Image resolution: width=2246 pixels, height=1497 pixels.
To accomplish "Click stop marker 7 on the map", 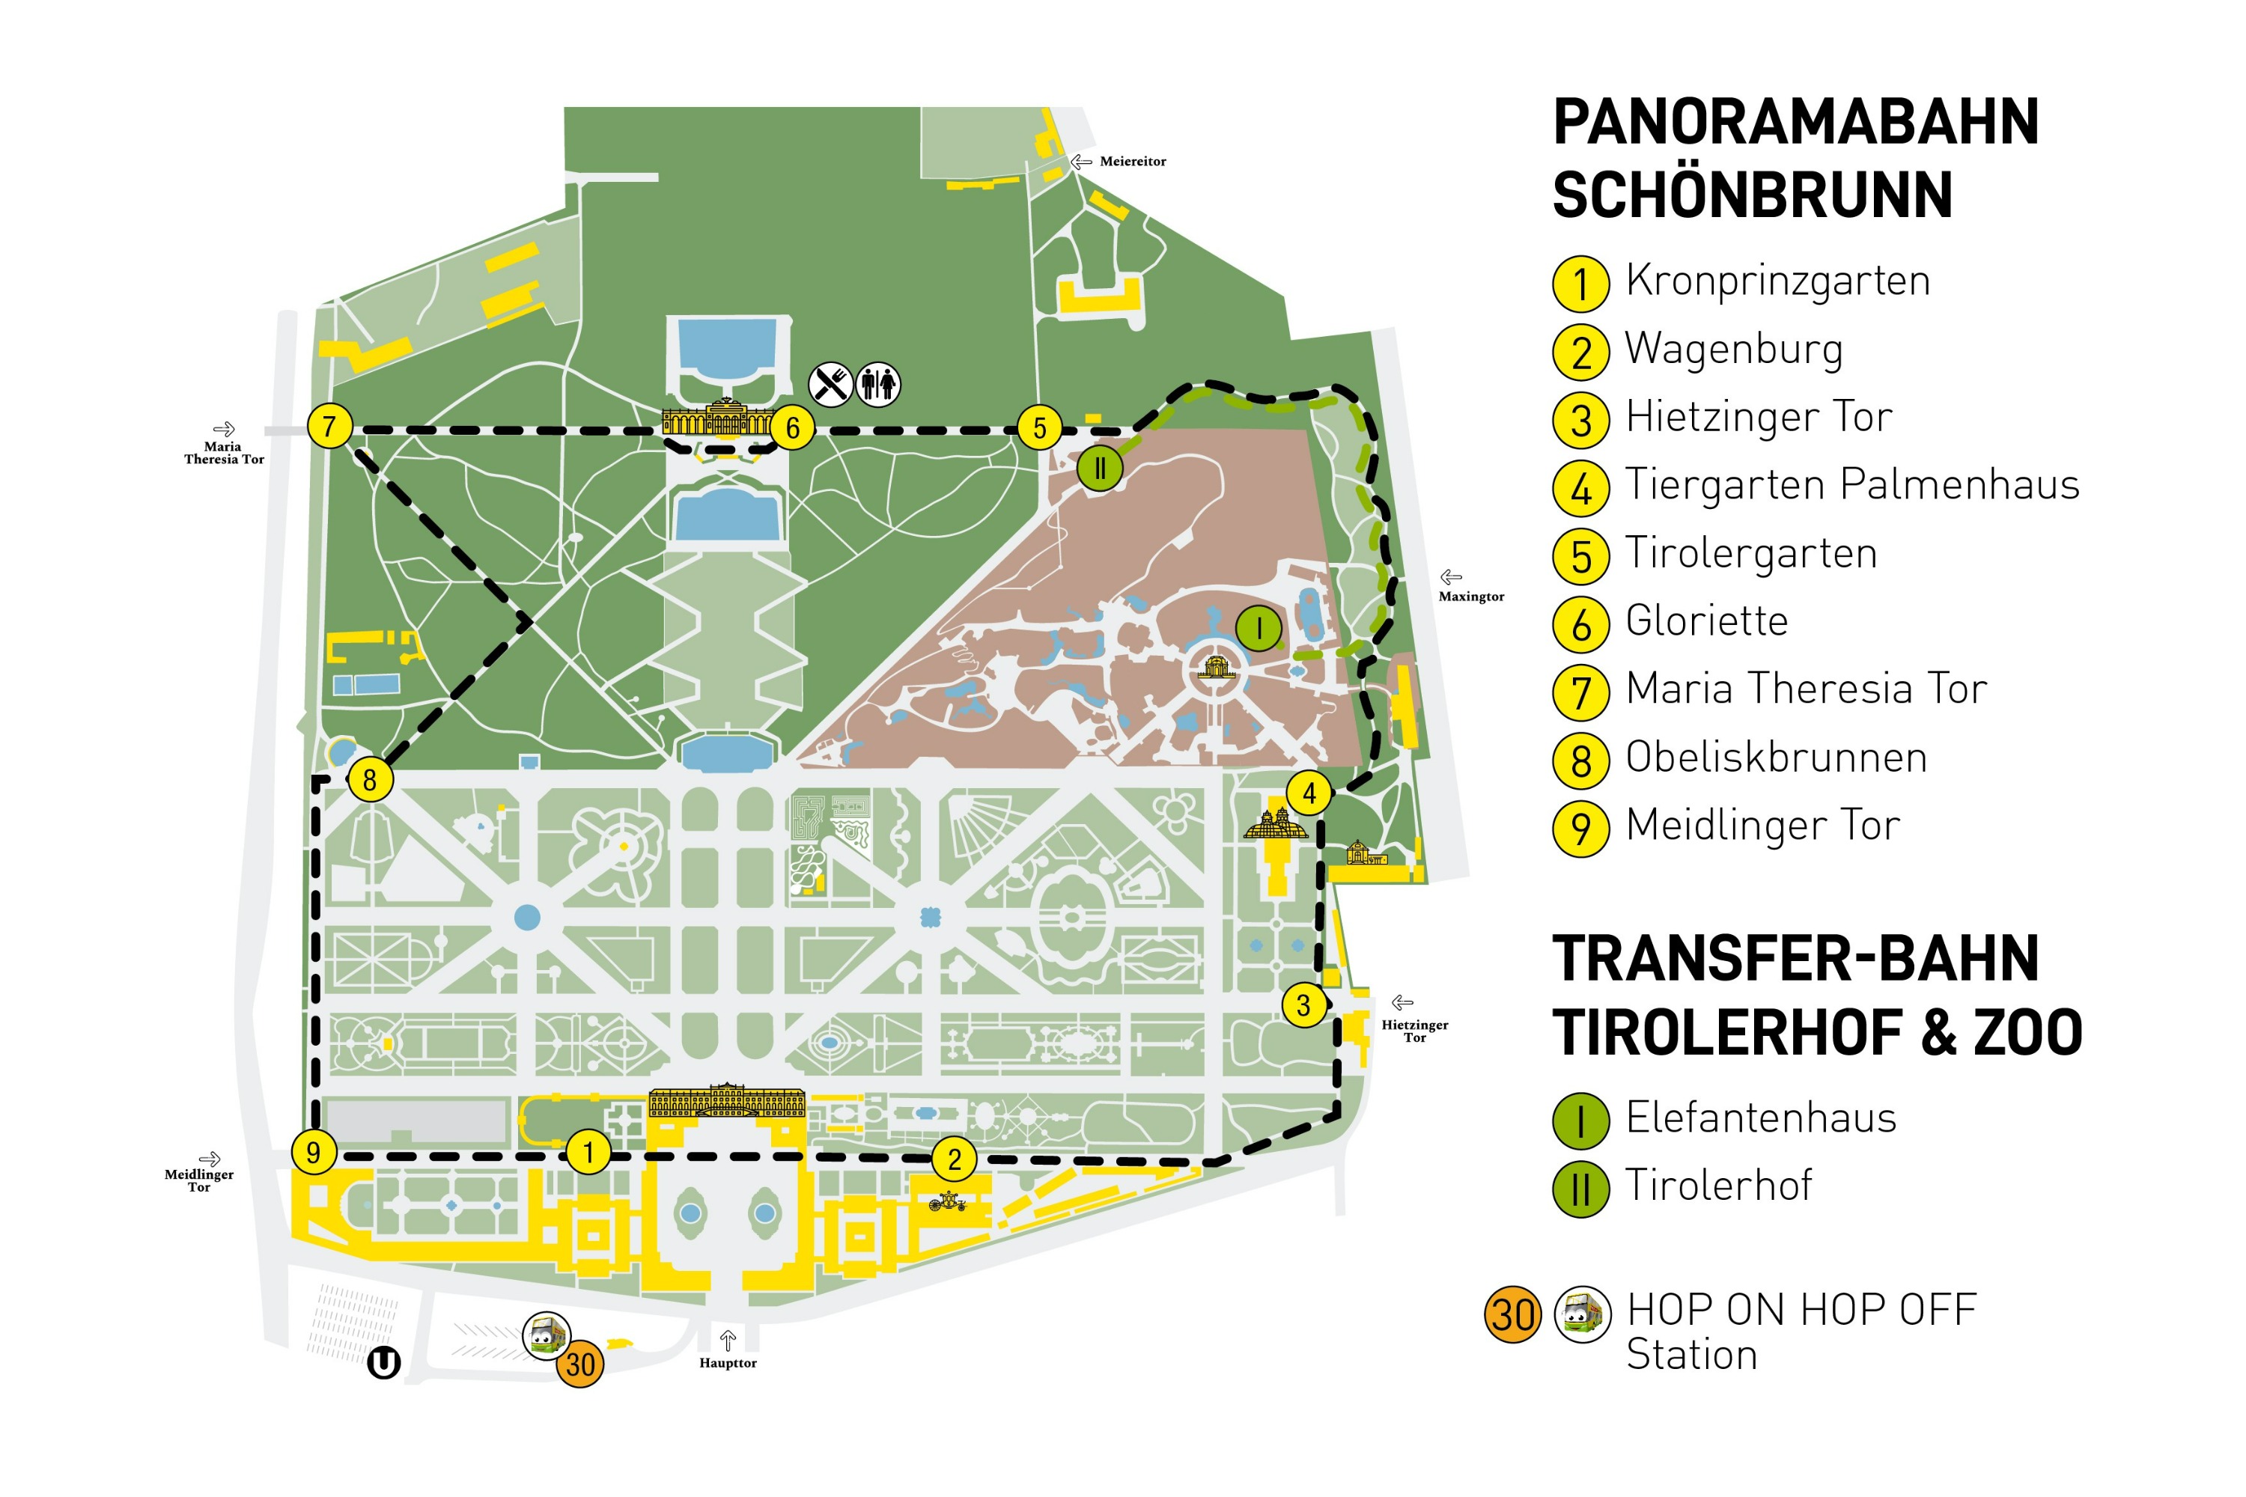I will [x=329, y=426].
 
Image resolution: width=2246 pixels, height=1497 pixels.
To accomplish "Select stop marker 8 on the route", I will [x=370, y=779].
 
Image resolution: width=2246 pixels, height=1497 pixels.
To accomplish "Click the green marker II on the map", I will [x=1099, y=469].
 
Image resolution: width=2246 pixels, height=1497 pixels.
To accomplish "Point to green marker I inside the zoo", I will [x=1259, y=628].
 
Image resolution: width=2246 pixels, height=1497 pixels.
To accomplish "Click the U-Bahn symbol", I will [x=384, y=1362].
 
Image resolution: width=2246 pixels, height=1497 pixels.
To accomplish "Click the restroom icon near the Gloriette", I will [x=877, y=384].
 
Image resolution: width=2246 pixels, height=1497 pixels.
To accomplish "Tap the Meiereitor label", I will [x=1133, y=162].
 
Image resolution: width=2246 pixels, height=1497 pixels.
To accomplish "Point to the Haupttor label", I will [x=728, y=1363].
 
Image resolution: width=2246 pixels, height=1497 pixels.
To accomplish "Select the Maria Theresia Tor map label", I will [x=223, y=453].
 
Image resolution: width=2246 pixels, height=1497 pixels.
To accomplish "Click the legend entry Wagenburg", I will [x=1733, y=349].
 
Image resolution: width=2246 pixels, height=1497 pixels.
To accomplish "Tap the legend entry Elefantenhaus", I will [x=1760, y=1118].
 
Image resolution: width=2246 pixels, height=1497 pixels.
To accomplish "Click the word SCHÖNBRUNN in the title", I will [x=1753, y=195].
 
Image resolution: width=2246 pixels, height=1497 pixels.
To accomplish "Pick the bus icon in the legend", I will [x=1583, y=1314].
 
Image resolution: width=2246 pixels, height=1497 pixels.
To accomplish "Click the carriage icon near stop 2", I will [x=947, y=1201].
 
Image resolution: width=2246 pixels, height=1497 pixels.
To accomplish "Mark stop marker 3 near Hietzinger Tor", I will [x=1303, y=1004].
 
